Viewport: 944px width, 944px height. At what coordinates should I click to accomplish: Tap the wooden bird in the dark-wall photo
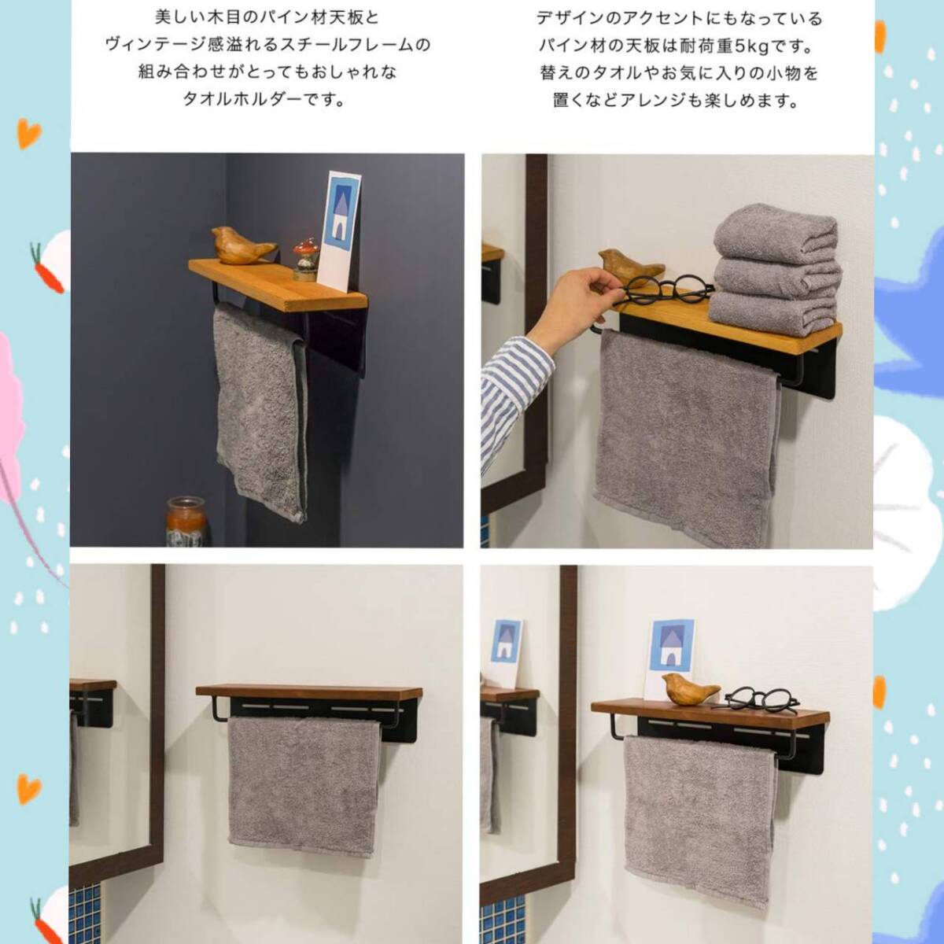[242, 245]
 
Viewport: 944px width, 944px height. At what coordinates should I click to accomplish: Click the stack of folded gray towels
[775, 271]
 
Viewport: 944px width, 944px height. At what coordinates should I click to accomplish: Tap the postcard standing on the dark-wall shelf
[339, 228]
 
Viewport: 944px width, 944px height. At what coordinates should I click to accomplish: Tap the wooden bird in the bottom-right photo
[690, 688]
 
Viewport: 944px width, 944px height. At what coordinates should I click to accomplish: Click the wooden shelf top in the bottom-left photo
[309, 691]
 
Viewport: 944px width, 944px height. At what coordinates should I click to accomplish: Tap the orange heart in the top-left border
[29, 132]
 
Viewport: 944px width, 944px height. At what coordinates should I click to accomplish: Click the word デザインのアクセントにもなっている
[679, 20]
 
